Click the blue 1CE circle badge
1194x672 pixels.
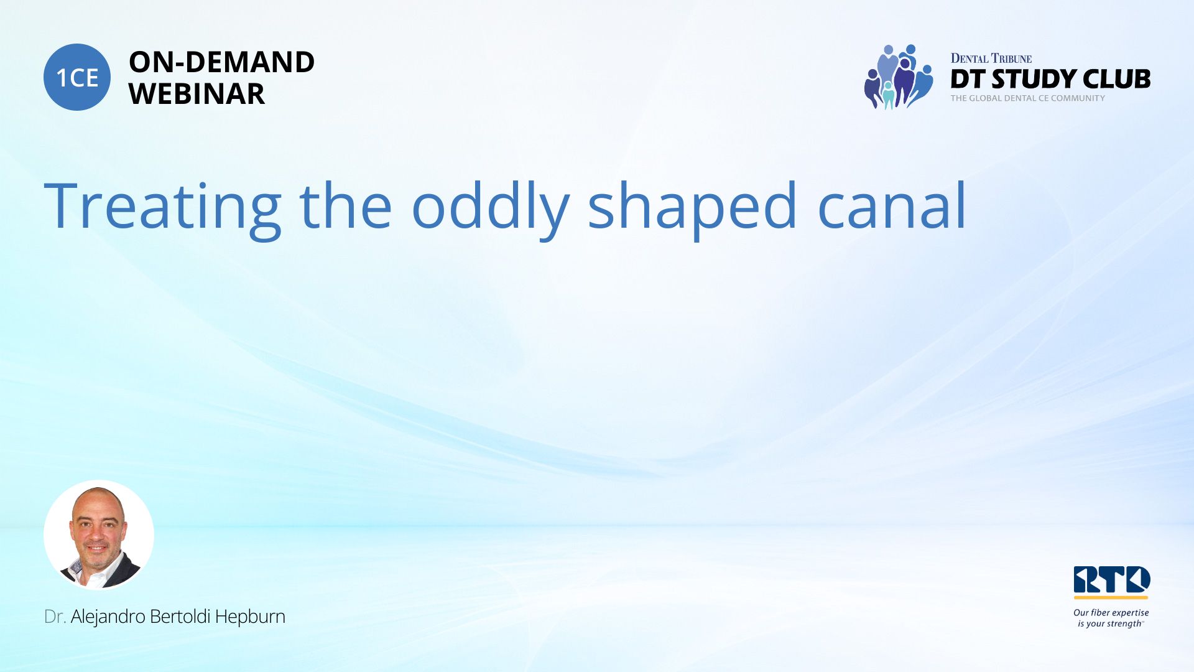click(77, 77)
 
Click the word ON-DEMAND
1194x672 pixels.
click(221, 62)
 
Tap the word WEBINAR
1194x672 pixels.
click(197, 94)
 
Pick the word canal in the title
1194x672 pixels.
click(892, 205)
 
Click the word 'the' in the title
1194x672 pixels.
click(346, 205)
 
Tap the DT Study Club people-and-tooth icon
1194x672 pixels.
click(899, 77)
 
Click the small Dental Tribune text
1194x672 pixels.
click(991, 58)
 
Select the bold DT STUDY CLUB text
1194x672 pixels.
click(1050, 79)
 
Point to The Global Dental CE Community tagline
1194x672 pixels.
click(1028, 98)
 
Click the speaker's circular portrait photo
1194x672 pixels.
click(99, 534)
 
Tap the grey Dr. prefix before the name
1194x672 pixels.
click(55, 617)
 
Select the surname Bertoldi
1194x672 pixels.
click(180, 617)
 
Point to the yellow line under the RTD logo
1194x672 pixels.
click(1111, 597)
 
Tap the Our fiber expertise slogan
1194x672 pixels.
click(1111, 618)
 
